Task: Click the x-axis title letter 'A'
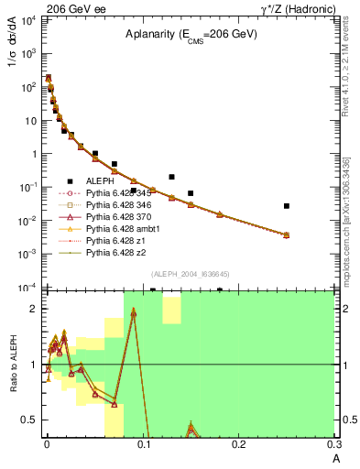(334, 459)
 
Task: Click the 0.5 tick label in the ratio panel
(29, 420)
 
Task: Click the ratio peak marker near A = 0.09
(134, 312)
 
